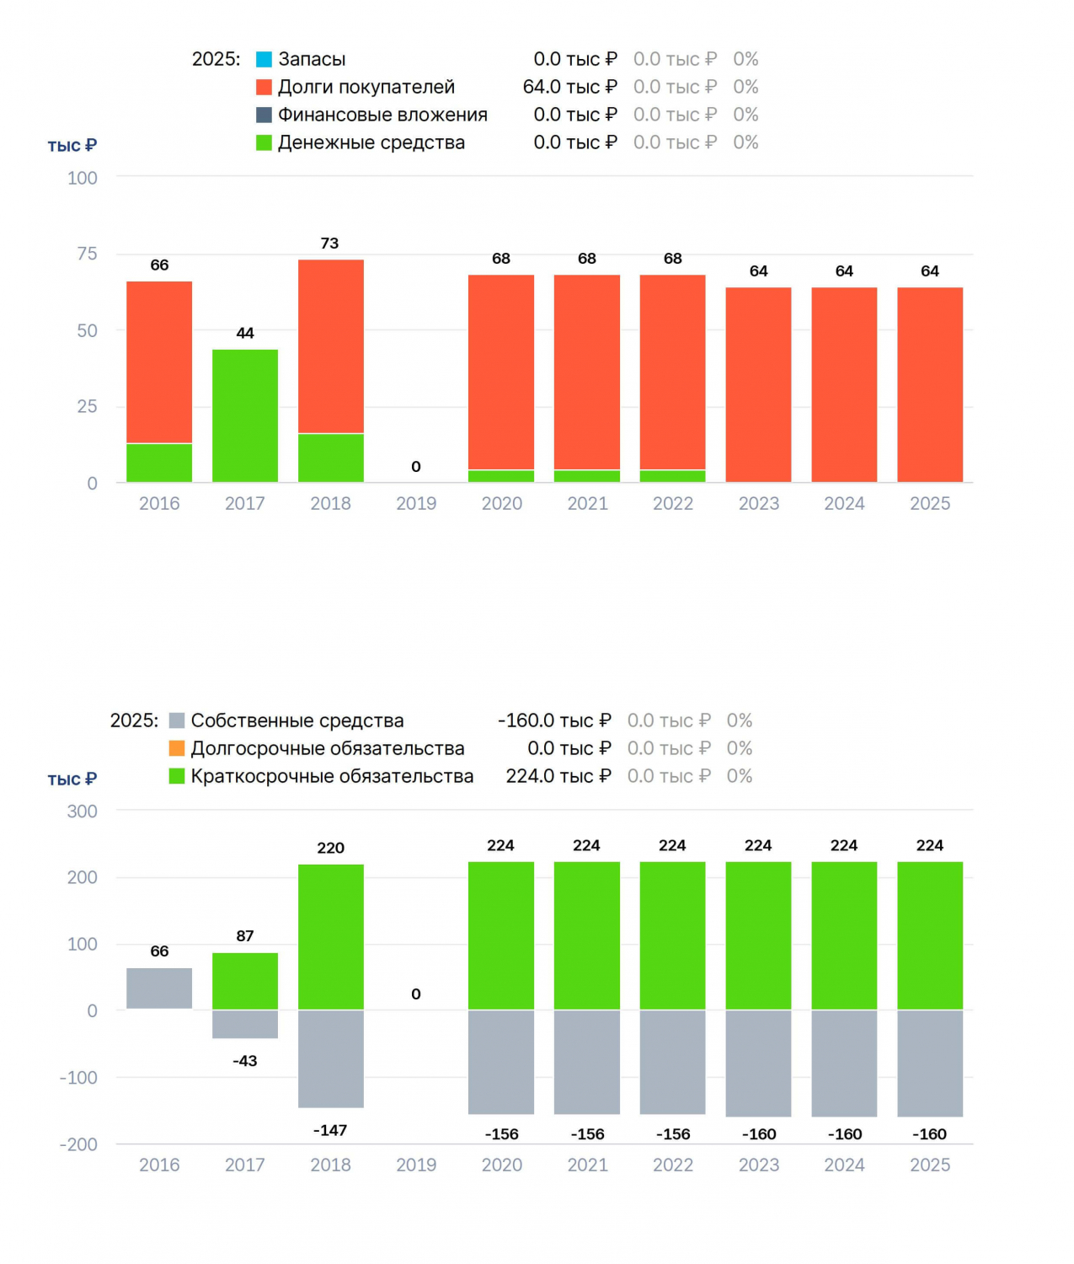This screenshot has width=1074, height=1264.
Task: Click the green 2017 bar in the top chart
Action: (x=244, y=415)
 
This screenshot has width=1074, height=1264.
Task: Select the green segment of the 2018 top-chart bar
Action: (x=331, y=458)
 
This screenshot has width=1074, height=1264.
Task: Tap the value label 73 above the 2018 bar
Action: (x=329, y=243)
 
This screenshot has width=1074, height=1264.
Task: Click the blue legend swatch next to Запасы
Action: (x=264, y=59)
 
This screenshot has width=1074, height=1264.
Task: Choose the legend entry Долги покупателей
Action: (x=366, y=87)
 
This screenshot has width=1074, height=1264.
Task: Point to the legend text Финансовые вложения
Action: (x=382, y=115)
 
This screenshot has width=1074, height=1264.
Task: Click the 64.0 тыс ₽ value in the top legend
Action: (x=569, y=87)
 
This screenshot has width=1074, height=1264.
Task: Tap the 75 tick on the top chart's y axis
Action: (x=87, y=254)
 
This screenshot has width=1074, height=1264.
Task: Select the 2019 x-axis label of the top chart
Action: (x=416, y=503)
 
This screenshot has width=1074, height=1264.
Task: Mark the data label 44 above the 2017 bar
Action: (x=244, y=333)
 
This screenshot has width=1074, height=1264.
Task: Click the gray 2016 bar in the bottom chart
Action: (x=159, y=988)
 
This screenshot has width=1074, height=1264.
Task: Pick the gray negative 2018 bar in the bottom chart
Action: (x=331, y=1058)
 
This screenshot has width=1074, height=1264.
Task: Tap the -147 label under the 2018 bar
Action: (x=330, y=1130)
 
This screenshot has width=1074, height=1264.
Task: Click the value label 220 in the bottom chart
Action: (x=331, y=848)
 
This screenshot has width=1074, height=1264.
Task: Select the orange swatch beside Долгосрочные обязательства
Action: (x=177, y=748)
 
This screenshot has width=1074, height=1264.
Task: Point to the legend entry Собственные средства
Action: (x=297, y=720)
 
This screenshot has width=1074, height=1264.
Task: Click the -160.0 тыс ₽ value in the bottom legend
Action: (x=554, y=720)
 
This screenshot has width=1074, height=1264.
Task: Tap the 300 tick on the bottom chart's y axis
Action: (x=82, y=811)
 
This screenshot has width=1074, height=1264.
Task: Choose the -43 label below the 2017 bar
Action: (x=244, y=1060)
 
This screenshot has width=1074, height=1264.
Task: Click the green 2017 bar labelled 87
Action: (x=244, y=981)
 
